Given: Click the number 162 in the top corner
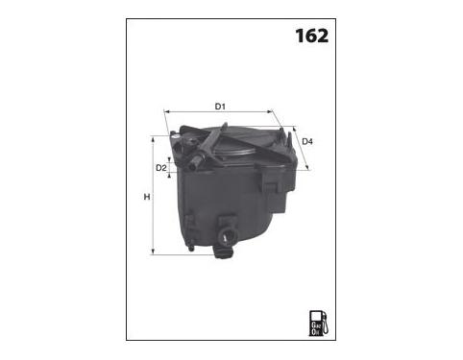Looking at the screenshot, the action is tap(311, 36).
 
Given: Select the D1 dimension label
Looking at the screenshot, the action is tap(220, 107).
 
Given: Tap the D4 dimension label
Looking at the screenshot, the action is tap(307, 141).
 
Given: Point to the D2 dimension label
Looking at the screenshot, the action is tap(161, 168).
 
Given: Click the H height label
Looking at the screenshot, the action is tap(147, 197).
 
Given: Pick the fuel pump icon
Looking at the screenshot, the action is tap(318, 323).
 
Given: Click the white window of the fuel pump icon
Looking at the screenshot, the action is tap(316, 316).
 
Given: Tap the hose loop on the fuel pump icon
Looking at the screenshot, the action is tap(325, 324).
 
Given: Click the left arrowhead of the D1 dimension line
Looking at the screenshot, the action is tap(166, 111).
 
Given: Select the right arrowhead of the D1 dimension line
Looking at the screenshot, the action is tap(270, 111).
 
